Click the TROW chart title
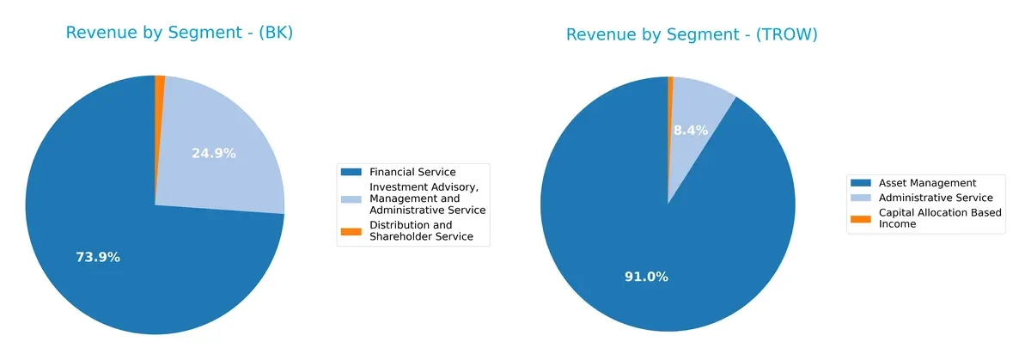(692, 34)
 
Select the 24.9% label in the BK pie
(213, 153)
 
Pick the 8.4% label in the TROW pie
(690, 130)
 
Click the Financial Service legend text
(412, 172)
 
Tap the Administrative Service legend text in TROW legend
(935, 198)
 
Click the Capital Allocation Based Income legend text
(939, 218)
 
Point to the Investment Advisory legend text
(427, 198)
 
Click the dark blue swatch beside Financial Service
(351, 172)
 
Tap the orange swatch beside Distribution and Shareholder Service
(351, 231)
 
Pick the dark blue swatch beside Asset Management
(861, 182)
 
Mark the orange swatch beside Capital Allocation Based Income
(861, 218)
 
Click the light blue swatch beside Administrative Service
(861, 198)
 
